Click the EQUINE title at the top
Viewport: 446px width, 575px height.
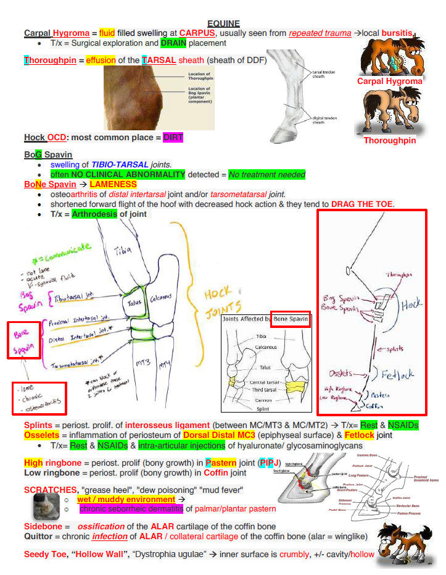pos(223,23)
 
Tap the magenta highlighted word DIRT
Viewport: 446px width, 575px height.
pos(173,137)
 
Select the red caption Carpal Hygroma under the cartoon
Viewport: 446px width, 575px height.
pos(389,81)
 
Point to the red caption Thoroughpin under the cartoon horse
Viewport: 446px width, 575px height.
pos(389,140)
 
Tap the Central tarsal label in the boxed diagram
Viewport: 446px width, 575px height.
pos(267,382)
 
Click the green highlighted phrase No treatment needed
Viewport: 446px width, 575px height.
pos(266,175)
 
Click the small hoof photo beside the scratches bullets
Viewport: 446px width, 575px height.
pos(46,506)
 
